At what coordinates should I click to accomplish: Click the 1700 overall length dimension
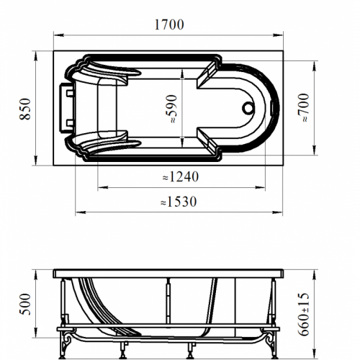point(169,24)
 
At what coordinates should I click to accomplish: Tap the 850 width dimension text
point(25,109)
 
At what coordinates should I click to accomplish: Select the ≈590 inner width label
point(171,109)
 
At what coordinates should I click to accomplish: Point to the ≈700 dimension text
point(303,108)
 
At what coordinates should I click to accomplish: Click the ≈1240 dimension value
point(181,177)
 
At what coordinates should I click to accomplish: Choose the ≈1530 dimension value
point(179,202)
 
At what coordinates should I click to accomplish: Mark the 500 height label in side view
point(25,304)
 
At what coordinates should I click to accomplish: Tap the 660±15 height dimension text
point(303,314)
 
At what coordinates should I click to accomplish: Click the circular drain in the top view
point(248,108)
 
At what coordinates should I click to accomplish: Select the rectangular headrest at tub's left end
point(67,107)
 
